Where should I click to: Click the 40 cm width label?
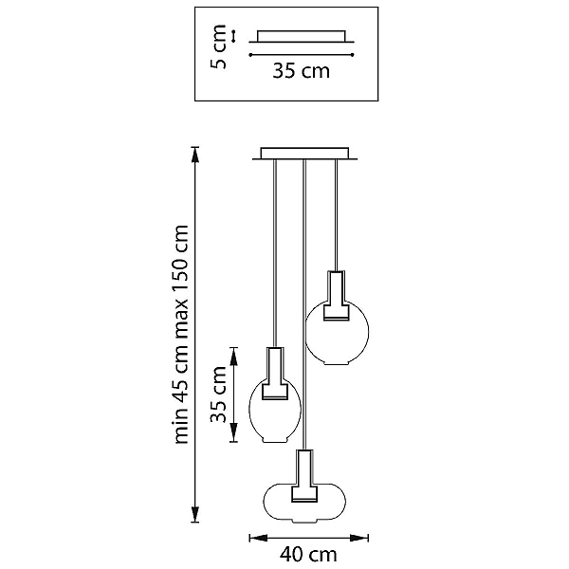[308, 555]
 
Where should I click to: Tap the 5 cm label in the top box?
[218, 46]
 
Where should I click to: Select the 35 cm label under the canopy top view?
[302, 71]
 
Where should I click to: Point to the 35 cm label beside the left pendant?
[218, 395]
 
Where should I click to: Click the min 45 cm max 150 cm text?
[181, 334]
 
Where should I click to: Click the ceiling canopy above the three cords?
[304, 154]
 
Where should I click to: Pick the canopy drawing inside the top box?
[302, 37]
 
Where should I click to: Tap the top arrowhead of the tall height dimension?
[195, 155]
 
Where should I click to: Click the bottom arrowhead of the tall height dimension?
[195, 514]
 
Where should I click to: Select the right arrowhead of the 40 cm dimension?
[359, 538]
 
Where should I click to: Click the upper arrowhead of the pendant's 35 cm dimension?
[233, 357]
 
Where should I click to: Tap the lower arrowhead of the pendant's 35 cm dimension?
[233, 433]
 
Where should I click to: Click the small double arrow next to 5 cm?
[233, 36]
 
